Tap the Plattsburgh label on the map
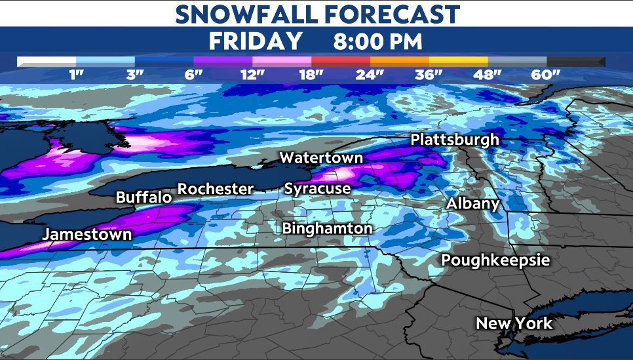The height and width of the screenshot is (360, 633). [x=455, y=140]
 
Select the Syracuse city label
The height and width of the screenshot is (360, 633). [x=317, y=189]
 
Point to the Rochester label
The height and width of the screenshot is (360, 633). [x=216, y=189]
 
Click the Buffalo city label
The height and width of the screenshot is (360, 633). [x=144, y=197]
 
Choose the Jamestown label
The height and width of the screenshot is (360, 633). [x=87, y=234]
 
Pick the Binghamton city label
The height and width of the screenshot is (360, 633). [x=327, y=228]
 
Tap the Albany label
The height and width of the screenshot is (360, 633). [x=473, y=203]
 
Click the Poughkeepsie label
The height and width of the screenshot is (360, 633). [x=495, y=260]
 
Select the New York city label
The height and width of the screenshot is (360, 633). [x=514, y=323]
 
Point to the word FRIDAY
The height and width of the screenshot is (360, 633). [x=256, y=41]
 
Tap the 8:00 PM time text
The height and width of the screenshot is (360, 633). [x=377, y=41]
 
